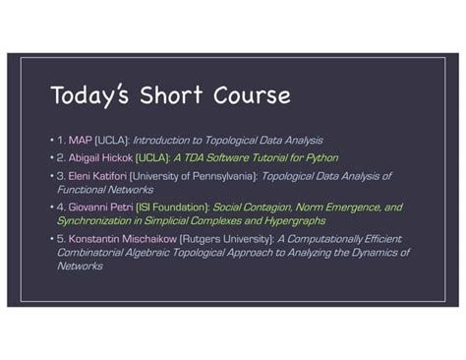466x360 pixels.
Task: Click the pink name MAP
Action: click(80, 141)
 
